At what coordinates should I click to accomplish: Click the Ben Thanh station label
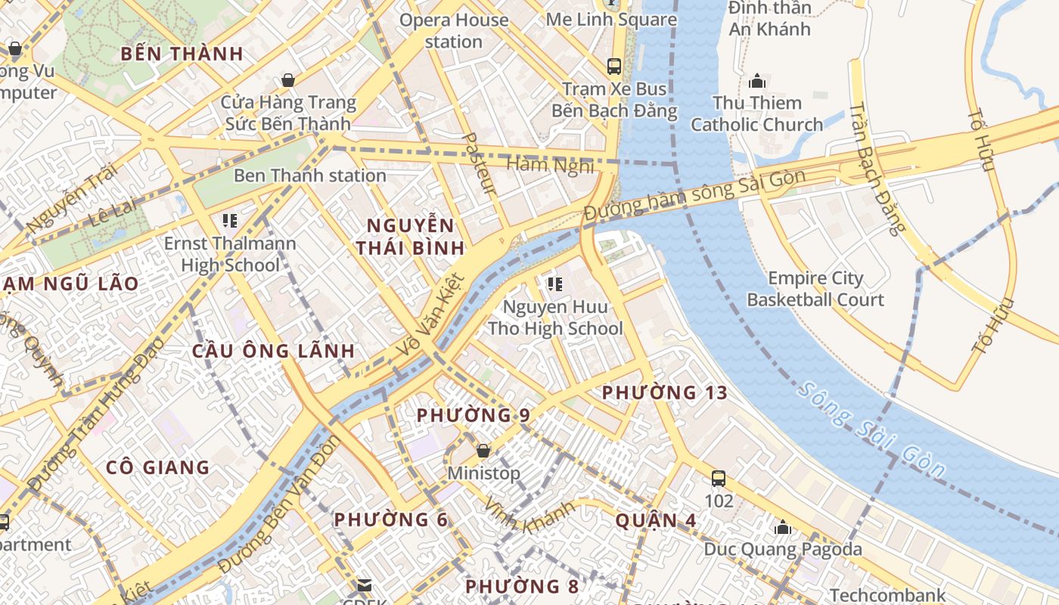[310, 175]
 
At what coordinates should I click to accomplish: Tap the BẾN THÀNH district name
[182, 54]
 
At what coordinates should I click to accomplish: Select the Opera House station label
[454, 31]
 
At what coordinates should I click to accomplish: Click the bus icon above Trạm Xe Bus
[614, 66]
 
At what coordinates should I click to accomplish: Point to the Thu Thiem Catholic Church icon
[756, 81]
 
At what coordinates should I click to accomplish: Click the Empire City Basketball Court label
[815, 289]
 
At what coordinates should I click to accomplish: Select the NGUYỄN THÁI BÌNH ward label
[411, 237]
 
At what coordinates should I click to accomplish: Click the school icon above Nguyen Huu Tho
[555, 284]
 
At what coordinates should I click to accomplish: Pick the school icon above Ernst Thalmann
[230, 221]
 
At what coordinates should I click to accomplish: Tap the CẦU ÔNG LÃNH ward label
[273, 351]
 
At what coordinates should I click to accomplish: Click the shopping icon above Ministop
[483, 451]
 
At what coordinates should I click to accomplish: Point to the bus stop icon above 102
[719, 478]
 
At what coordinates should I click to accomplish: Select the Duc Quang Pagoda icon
[783, 526]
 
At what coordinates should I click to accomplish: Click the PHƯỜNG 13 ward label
[664, 392]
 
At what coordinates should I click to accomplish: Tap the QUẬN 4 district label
[656, 520]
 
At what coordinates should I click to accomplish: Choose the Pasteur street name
[480, 163]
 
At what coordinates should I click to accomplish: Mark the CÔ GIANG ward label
[157, 467]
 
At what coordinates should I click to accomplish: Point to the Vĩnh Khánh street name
[529, 515]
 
